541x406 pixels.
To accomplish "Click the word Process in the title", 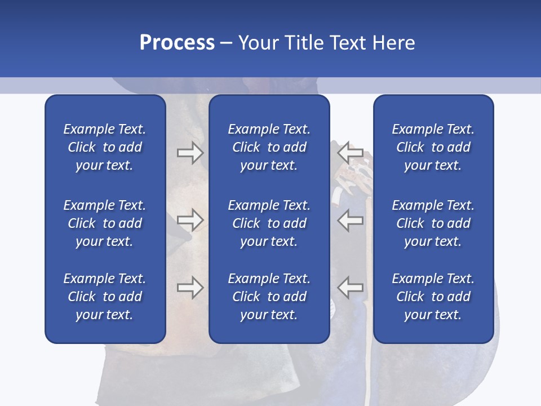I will pyautogui.click(x=177, y=43).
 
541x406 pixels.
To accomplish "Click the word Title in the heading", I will pyautogui.click(x=303, y=43).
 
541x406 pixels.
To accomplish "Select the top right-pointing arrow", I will pyautogui.click(x=190, y=153).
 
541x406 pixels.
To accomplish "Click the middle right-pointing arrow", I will pyautogui.click(x=190, y=220).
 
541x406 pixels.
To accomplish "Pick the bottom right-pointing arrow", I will pyautogui.click(x=190, y=288).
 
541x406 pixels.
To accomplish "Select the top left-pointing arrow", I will pyautogui.click(x=350, y=152).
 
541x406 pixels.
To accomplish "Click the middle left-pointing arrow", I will pyautogui.click(x=350, y=220).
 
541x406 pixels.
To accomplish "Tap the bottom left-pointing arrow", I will pyautogui.click(x=350, y=288).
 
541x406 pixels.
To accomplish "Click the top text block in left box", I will pyautogui.click(x=105, y=147).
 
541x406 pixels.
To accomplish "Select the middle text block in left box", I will pyautogui.click(x=105, y=223).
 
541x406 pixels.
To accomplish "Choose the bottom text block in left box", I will pyautogui.click(x=105, y=297).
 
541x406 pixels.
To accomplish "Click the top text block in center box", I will pyautogui.click(x=269, y=147).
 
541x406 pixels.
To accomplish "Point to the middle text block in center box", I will pyautogui.click(x=269, y=223).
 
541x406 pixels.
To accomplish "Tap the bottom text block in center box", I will pyautogui.click(x=269, y=297).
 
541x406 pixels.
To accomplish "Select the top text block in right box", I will pyautogui.click(x=433, y=147).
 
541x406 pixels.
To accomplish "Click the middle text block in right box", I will pyautogui.click(x=433, y=223).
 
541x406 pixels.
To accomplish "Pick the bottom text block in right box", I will pyautogui.click(x=433, y=297).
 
